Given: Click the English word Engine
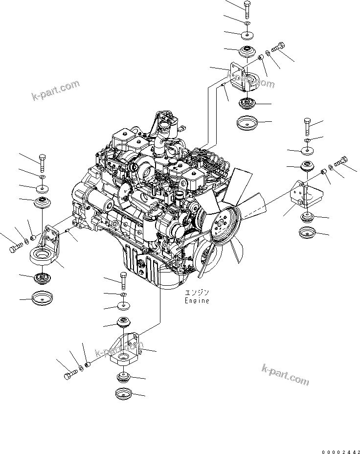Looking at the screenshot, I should tap(197, 301).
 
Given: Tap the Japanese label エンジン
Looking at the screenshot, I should tap(197, 294).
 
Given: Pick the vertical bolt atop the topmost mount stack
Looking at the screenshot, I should tap(247, 9).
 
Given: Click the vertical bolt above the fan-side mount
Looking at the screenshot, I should tap(307, 127).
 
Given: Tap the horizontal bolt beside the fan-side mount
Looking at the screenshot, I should tap(342, 160).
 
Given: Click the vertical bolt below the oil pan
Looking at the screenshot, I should tap(122, 281).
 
